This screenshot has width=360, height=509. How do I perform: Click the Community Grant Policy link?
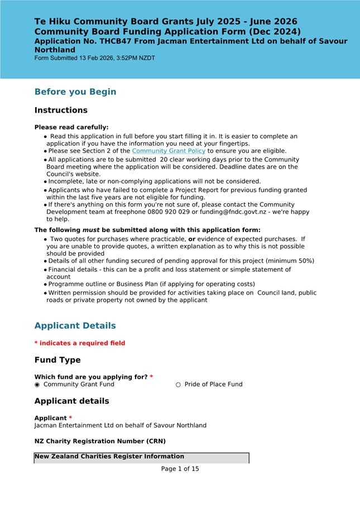(x=169, y=151)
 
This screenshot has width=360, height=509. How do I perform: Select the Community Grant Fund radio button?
(x=37, y=385)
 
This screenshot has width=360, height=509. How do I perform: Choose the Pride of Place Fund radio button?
(x=179, y=385)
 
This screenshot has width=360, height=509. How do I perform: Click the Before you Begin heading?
(x=75, y=92)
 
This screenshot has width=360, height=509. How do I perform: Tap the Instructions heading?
(x=61, y=111)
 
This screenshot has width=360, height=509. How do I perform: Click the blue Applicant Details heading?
(x=75, y=326)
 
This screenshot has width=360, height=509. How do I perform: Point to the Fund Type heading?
(x=57, y=360)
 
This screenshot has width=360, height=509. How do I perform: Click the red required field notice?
(x=80, y=343)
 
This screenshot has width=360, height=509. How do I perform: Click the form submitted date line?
(x=95, y=58)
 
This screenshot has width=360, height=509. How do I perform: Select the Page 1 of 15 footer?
(x=180, y=469)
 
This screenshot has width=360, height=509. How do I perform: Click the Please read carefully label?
(x=71, y=127)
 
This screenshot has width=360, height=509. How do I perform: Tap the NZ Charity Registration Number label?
(x=100, y=441)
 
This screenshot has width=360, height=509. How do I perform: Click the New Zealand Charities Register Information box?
(x=141, y=458)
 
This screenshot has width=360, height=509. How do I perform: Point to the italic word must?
(x=91, y=230)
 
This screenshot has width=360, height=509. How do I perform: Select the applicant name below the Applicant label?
(x=120, y=425)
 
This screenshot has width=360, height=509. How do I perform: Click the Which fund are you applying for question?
(x=91, y=377)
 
